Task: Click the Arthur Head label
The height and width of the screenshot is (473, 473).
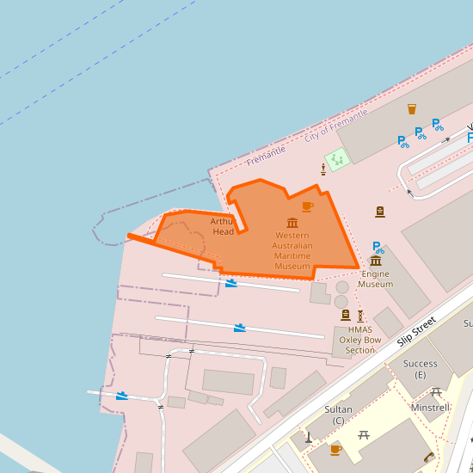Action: point(223,226)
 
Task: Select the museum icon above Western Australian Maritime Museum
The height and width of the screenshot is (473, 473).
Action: point(292,223)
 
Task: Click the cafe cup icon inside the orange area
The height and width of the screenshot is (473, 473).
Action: point(308,206)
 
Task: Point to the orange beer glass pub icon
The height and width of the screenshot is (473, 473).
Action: point(412,109)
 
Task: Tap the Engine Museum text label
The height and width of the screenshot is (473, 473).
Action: point(375,279)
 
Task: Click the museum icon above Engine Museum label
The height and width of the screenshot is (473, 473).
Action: point(376,261)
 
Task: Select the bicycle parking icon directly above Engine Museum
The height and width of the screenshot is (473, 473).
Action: point(378,247)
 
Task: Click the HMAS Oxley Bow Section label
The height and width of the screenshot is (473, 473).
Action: point(360,340)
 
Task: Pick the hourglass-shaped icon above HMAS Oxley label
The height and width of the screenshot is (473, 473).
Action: point(360,316)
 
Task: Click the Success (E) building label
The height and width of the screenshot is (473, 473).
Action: point(421,369)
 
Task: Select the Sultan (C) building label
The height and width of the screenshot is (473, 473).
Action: point(339,415)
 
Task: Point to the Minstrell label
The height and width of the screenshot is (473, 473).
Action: point(431,408)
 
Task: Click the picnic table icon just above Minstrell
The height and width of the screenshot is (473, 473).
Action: point(436,391)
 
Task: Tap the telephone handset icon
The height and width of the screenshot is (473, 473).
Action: point(428,457)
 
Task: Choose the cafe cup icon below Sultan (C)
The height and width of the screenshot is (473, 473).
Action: point(335,449)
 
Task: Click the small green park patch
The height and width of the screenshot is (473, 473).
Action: point(335,160)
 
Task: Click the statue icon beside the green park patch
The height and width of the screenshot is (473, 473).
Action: point(322,167)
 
